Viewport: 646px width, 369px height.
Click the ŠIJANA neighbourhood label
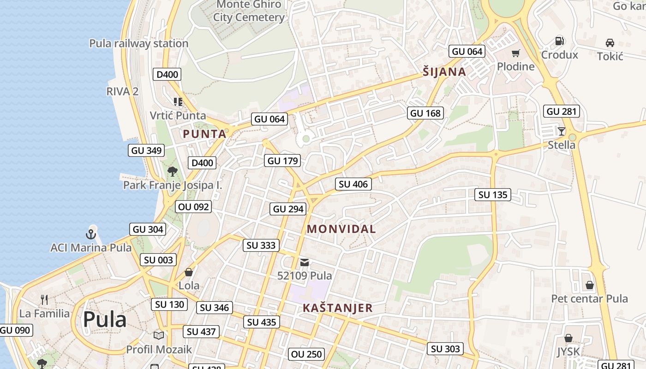444,72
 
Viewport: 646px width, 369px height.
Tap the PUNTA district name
205,134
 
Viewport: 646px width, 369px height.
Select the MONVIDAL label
341,229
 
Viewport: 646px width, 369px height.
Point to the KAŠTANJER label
337,308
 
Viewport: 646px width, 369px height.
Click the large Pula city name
105,320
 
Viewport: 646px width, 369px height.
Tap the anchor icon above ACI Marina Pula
91,233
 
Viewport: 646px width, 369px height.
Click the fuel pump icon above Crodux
559,41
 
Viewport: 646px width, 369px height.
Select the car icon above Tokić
610,43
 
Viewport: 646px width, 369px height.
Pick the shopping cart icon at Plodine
515,53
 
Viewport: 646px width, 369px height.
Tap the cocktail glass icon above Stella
561,131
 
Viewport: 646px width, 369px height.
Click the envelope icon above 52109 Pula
305,262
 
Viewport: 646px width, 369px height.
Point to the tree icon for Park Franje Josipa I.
172,172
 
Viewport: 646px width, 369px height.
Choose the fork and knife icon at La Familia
44,300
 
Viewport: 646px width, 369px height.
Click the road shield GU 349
146,150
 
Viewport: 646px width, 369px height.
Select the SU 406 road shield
353,184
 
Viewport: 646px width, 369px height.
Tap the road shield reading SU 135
493,195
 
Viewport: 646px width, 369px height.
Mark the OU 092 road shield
194,207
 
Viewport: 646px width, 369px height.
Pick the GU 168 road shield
425,113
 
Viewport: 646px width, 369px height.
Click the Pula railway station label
139,43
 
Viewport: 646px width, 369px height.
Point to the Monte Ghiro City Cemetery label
249,11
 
